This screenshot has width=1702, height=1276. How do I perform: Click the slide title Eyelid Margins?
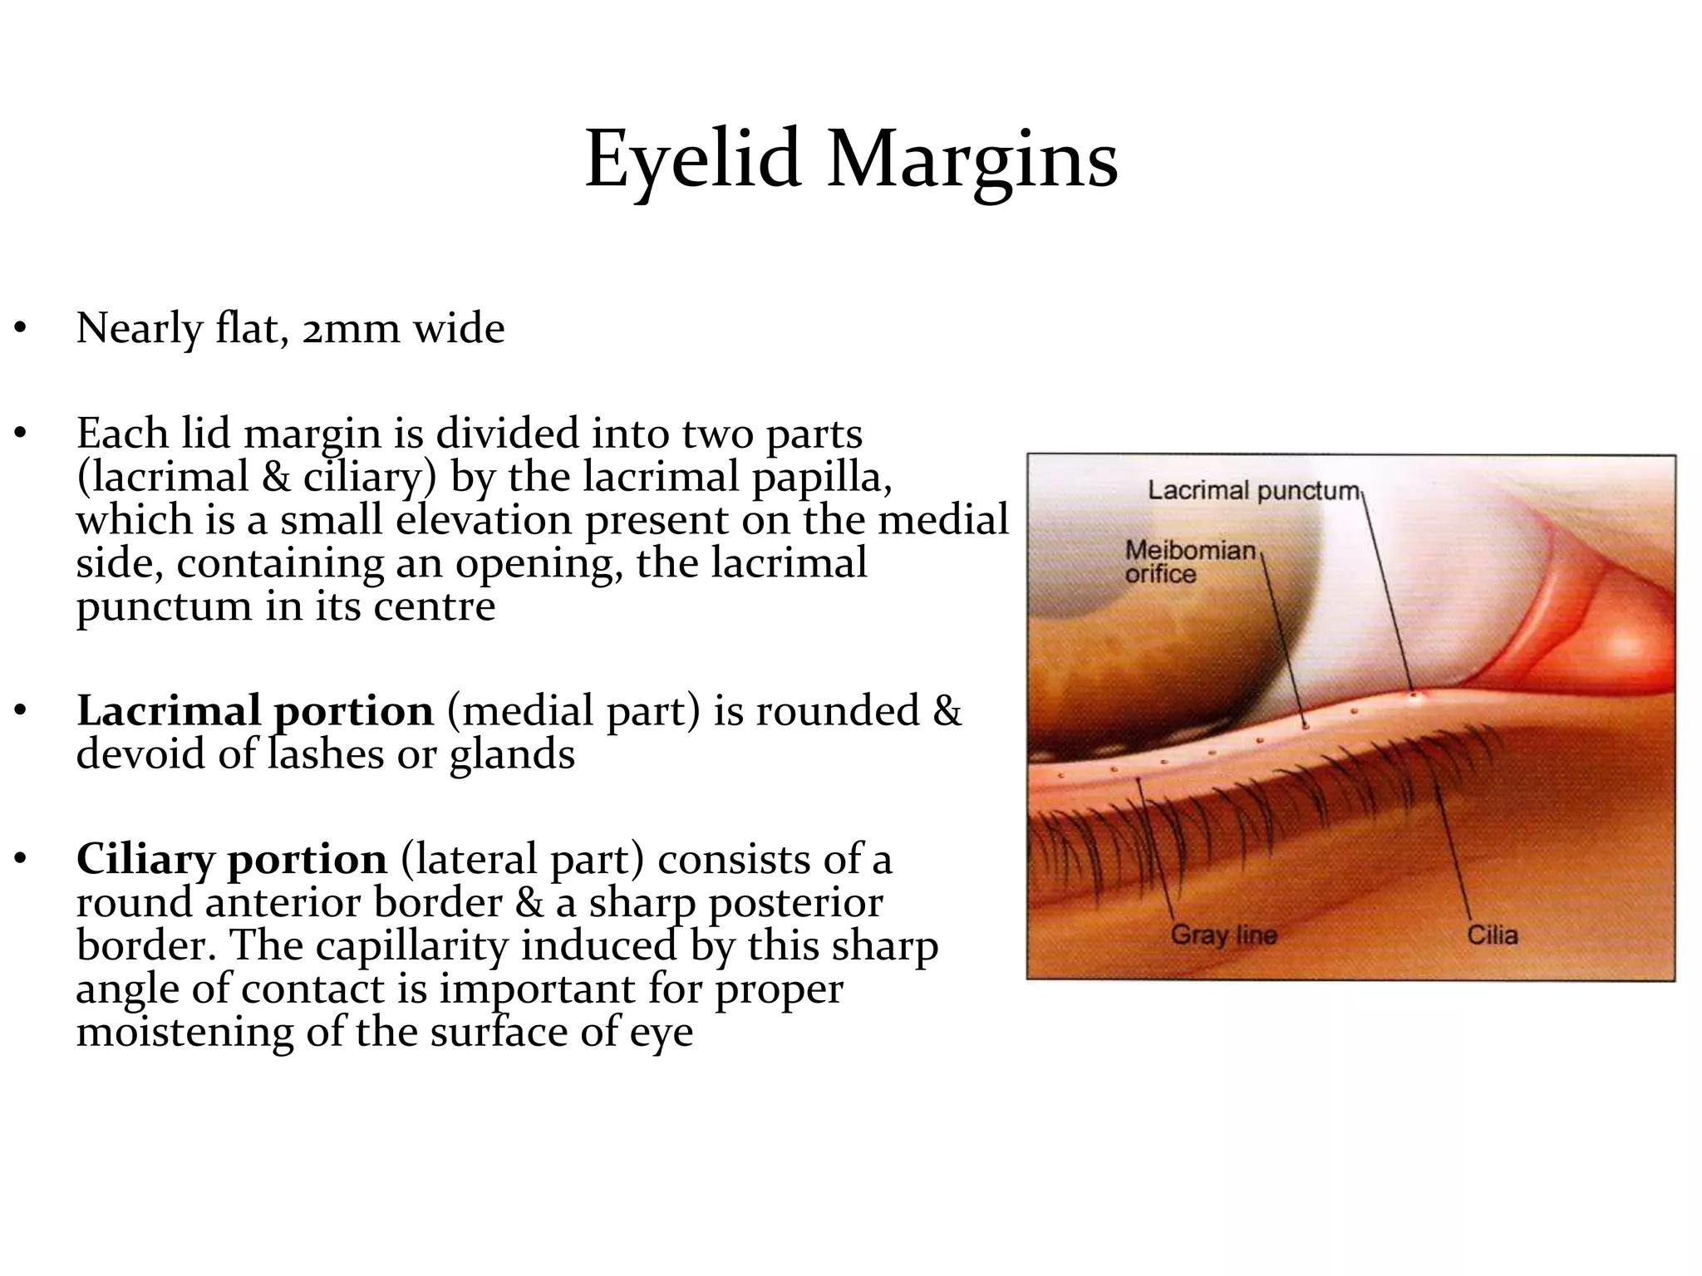pos(851,159)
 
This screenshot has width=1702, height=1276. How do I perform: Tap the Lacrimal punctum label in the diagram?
pos(1252,491)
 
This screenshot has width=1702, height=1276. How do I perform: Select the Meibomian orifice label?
pos(1189,562)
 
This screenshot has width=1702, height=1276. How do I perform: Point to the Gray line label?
pos(1223,935)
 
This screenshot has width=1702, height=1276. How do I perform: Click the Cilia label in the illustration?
pos(1493,935)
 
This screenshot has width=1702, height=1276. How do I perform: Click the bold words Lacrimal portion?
pos(255,711)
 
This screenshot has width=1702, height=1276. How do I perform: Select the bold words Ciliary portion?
pos(232,859)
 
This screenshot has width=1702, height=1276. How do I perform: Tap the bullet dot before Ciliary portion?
pos(20,860)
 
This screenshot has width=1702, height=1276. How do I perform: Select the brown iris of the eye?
pos(1163,665)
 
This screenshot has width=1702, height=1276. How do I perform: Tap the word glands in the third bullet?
pos(512,754)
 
